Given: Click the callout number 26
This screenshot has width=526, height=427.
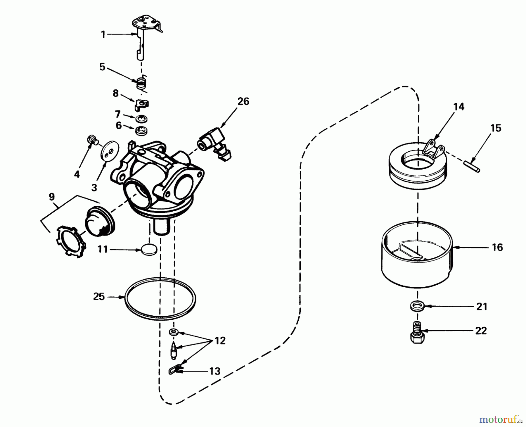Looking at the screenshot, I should pyautogui.click(x=243, y=102).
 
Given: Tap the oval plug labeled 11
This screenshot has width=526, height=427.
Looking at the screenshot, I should pyautogui.click(x=149, y=250).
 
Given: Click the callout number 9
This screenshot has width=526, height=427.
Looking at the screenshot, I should pyautogui.click(x=51, y=197).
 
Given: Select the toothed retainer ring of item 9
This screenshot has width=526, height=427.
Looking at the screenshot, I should pyautogui.click(x=70, y=241).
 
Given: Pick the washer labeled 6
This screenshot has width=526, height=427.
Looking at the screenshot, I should pyautogui.click(x=141, y=130).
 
